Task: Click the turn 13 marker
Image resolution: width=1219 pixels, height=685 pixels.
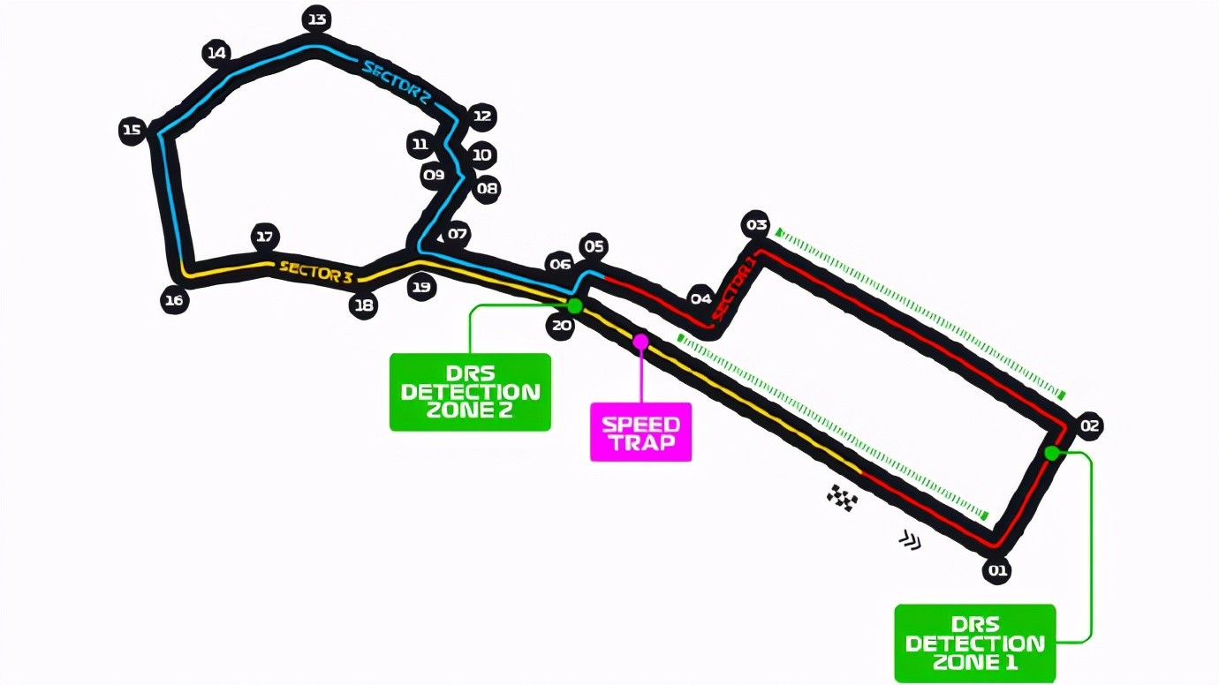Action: coord(317,20)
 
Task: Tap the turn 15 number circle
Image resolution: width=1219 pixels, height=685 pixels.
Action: coord(132,131)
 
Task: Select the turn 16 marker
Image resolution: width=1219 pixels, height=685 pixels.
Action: coord(174,300)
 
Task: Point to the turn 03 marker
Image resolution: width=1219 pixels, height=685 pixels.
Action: coord(756,224)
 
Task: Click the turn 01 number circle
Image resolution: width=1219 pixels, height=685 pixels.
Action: coord(997,570)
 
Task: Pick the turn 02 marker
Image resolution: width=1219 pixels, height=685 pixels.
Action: coord(1089,425)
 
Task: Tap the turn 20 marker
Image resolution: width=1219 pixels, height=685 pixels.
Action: coord(561,326)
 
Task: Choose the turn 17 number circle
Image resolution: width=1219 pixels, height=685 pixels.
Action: coord(265,237)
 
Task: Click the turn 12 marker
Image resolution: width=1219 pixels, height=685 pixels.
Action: coord(482,117)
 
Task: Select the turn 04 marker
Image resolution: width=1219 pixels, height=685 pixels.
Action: coord(701,298)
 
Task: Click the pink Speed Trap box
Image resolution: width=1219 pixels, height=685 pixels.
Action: coord(641,433)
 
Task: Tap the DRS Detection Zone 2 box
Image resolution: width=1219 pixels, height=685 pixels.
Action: coord(470,392)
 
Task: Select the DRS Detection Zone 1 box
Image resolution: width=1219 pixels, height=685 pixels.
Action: coord(975,644)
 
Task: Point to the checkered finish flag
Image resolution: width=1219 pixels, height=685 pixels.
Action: coord(843,498)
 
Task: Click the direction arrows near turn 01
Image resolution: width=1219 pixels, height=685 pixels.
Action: coord(910,540)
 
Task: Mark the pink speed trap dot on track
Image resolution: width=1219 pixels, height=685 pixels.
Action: coord(641,342)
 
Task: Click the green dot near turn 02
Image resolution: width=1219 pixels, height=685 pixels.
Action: coord(1052,453)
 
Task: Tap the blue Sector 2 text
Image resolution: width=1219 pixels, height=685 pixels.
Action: coord(397,83)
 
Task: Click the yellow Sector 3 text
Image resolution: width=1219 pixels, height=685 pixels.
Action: coord(316,272)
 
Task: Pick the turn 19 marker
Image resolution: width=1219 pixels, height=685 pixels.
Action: coord(421,287)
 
